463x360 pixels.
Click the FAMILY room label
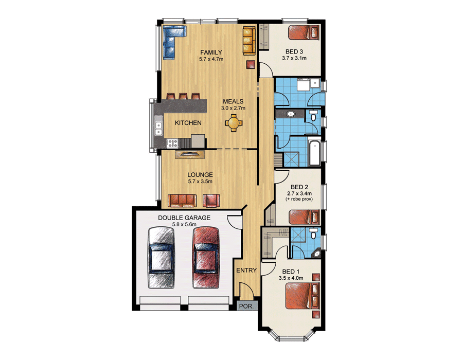point(211,52)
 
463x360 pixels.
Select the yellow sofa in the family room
point(249,41)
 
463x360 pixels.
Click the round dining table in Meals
point(233,123)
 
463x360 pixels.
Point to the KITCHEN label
point(188,123)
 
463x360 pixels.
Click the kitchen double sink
point(158,125)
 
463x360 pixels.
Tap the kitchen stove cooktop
point(172,143)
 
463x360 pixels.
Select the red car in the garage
point(206,257)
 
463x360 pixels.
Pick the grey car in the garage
point(161,257)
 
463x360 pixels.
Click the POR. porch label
point(246,307)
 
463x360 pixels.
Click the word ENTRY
point(246,271)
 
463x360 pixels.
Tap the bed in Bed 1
point(302,296)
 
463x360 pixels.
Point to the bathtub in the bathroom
point(314,153)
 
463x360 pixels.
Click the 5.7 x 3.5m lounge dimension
point(200,182)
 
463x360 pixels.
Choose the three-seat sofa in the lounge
point(182,201)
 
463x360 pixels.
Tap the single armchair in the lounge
point(211,201)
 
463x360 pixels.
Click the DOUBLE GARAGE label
point(184,218)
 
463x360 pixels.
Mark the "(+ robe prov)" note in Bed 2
point(299,199)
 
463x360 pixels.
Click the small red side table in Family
point(251,65)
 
